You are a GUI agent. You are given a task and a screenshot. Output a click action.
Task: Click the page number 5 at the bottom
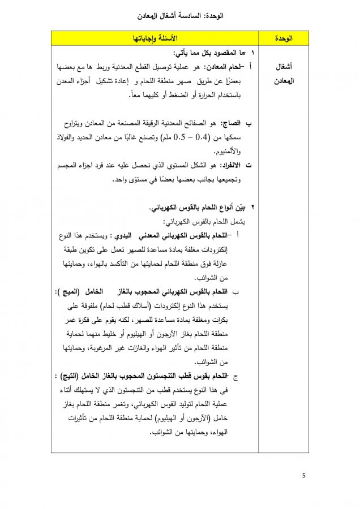(304, 475)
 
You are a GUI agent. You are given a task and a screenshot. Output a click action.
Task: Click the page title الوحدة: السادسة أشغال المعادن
(179, 17)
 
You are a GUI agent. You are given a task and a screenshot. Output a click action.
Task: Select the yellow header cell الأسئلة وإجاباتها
(155, 38)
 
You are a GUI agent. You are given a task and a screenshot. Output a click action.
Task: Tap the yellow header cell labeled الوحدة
(283, 38)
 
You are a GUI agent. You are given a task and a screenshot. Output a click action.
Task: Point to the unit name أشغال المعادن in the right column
(283, 74)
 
